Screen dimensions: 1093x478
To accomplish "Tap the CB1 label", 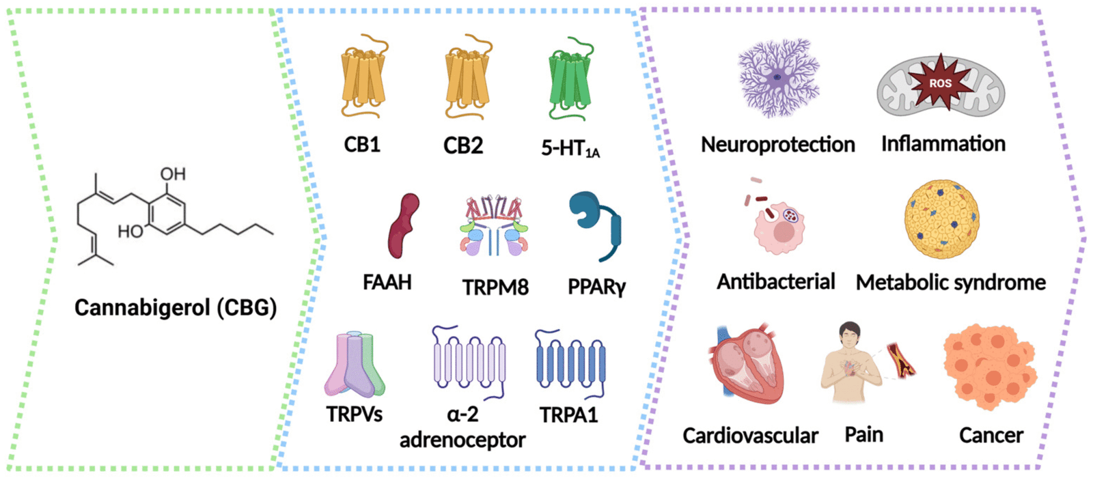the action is click(362, 144).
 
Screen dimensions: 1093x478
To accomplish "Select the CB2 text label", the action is click(463, 145).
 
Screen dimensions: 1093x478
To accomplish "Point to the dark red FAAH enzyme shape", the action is click(403, 225).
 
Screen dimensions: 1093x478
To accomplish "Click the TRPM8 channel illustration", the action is click(494, 225).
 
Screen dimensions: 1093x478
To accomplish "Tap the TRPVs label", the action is click(355, 414).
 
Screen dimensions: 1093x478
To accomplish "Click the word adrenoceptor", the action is click(462, 440).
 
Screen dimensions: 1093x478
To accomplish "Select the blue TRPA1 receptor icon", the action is click(570, 364).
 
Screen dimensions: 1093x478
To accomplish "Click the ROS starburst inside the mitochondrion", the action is click(940, 82).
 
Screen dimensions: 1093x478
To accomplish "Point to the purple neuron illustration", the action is click(778, 78).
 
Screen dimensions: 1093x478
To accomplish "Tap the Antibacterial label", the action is click(776, 281).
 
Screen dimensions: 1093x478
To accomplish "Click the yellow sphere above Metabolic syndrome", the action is click(941, 219).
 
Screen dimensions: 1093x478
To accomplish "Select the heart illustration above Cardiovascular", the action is click(747, 363).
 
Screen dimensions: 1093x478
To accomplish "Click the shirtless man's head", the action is click(850, 335).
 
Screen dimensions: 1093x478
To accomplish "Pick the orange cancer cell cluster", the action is click(990, 367).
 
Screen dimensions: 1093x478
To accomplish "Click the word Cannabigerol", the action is click(142, 308).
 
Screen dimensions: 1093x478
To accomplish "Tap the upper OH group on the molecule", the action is click(173, 173).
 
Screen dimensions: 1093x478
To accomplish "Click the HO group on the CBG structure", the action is click(130, 231).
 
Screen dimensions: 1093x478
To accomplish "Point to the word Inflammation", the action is click(943, 144).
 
